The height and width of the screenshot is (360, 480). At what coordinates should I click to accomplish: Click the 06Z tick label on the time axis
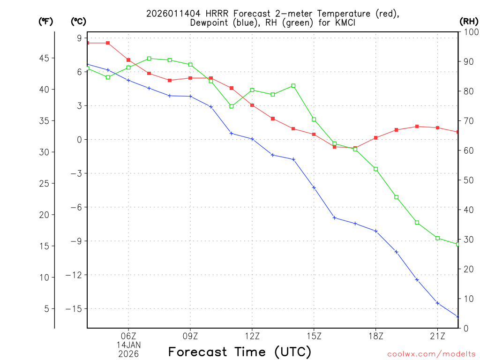pos(128,336)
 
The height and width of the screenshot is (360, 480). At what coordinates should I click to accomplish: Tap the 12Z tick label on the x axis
pos(252,336)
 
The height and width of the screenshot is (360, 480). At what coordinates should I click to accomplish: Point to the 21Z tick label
pos(437,336)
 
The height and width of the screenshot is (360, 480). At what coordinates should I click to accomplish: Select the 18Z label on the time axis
pos(375,336)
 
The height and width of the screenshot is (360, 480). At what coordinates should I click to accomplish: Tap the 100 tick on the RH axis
pos(470,32)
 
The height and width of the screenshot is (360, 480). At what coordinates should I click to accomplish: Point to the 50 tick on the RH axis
pos(468,180)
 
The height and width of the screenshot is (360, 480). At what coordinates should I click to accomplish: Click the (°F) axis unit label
pos(46,21)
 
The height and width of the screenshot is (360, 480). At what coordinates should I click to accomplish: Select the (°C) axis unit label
pos(78,21)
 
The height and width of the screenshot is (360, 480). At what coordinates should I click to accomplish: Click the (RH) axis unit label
pos(469,21)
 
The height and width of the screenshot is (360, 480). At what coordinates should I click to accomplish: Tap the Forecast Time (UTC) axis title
pos(240,352)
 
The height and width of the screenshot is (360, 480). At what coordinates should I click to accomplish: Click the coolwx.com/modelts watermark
pos(431,354)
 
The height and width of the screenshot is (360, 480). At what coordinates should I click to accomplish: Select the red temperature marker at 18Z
pos(375,138)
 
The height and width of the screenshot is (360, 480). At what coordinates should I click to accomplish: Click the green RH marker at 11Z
pos(232,106)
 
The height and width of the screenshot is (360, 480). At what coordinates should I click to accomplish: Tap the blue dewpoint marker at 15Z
pos(314,187)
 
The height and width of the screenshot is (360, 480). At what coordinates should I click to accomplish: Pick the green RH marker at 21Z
pos(437,238)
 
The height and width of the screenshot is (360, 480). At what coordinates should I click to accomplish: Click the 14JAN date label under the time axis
pos(128,345)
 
